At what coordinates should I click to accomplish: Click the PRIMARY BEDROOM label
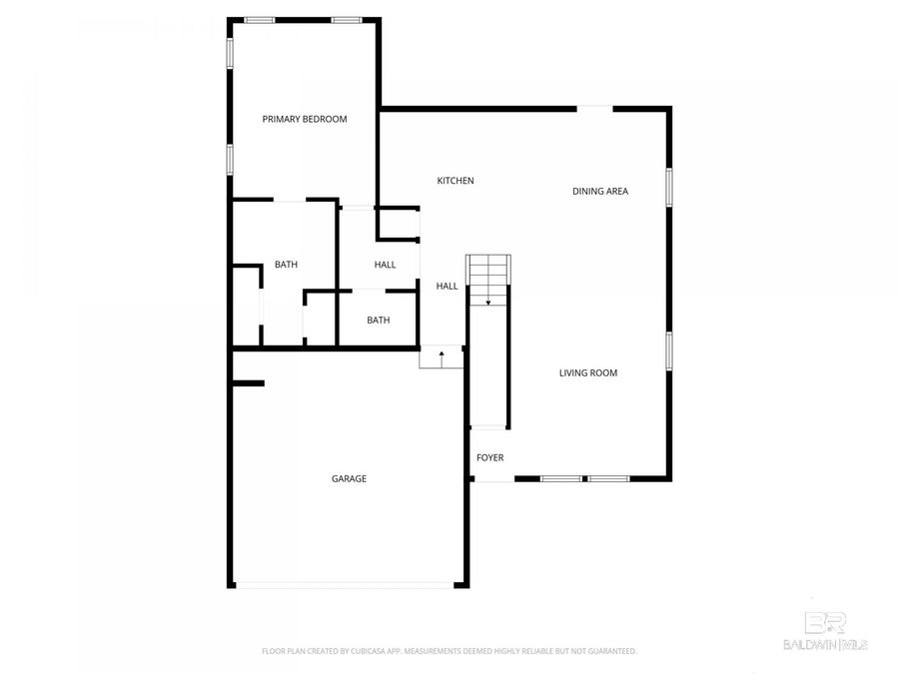(305, 119)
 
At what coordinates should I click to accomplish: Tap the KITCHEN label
(455, 181)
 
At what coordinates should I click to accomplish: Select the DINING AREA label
(600, 191)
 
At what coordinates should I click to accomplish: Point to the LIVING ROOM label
(588, 373)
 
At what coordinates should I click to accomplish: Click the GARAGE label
(349, 478)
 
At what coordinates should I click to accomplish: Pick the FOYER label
(489, 457)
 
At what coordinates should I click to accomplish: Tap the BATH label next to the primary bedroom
(287, 265)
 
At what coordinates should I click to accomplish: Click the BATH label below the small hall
(379, 321)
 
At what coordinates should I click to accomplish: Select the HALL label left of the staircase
(447, 287)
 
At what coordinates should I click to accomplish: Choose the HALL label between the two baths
(386, 265)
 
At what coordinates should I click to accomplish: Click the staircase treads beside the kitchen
(489, 270)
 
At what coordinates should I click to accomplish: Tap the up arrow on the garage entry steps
(442, 355)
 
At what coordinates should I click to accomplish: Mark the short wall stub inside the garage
(248, 382)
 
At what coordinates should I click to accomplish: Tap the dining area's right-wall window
(669, 188)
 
